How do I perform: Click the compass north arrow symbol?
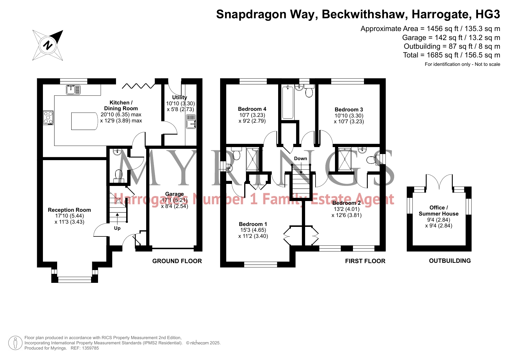point(48,45)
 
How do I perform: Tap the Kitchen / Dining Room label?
point(121,105)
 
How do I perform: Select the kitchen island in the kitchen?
point(84,121)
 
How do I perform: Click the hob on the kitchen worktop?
point(48,117)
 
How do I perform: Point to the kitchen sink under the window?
point(73,90)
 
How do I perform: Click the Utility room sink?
point(191,121)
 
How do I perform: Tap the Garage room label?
point(175,194)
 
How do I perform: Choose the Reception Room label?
point(69,210)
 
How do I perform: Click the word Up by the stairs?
point(117,228)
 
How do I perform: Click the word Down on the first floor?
point(300,158)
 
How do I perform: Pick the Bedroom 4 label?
point(252,109)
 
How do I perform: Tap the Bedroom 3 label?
point(349,109)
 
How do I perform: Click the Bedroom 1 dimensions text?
point(253,233)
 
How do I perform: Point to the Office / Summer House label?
point(439,211)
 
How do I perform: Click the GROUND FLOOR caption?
point(177,261)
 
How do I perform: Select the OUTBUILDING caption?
point(450,261)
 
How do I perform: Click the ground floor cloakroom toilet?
point(119,176)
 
